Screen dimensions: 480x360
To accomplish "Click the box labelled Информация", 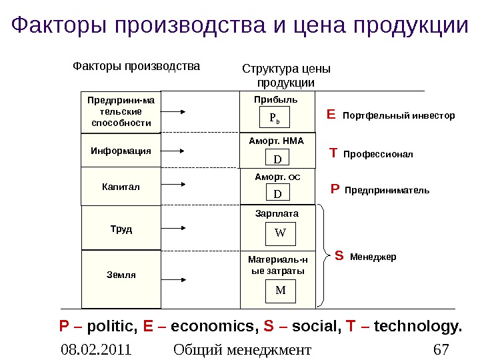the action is tap(121, 151).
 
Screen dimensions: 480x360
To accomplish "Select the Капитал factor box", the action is tap(121, 187).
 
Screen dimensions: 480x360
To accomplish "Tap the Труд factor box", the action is tap(121, 229).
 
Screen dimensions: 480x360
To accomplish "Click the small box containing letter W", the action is tap(280, 233).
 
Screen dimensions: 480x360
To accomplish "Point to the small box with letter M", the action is tap(280, 290).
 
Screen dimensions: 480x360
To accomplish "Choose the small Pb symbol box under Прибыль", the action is tap(275, 118).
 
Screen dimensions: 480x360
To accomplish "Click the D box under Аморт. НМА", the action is tap(277, 159).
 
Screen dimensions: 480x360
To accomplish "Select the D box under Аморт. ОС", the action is tap(277, 193).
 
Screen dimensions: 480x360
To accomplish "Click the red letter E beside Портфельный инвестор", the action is tap(331, 115).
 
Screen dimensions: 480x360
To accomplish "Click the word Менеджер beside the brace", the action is tap(373, 256).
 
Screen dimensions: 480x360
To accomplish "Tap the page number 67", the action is tap(441, 349).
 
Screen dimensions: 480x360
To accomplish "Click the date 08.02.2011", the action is tap(94, 349).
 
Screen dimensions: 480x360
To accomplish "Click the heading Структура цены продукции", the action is tap(285, 75).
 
